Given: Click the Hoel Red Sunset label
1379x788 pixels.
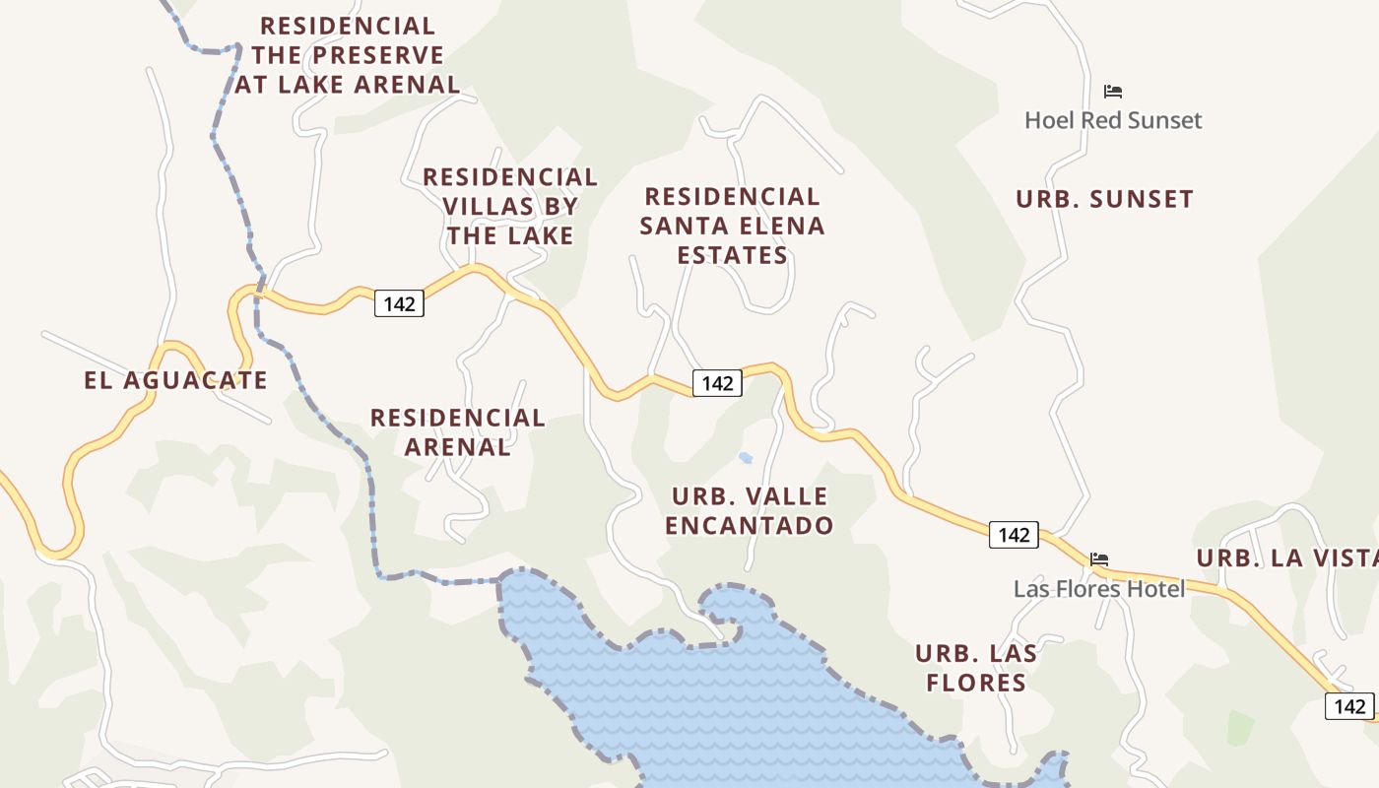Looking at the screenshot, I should [1113, 121].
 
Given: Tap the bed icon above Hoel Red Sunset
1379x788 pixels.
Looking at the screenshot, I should [1113, 92].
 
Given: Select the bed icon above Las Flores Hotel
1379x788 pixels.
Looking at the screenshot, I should [1099, 559].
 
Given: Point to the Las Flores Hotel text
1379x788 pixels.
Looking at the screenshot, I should [1099, 589].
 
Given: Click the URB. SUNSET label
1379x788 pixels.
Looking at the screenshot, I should [1104, 199].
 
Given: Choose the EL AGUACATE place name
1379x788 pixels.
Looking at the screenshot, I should [175, 380].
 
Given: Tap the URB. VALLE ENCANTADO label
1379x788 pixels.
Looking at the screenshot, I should [749, 510].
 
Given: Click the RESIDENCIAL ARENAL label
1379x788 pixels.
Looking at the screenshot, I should [458, 431].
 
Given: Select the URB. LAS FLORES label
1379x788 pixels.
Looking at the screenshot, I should [976, 668].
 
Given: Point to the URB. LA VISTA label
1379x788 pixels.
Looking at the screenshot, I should [1286, 558].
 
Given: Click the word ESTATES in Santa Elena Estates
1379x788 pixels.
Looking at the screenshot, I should [732, 256].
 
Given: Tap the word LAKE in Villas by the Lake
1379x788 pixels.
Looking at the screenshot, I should [540, 236].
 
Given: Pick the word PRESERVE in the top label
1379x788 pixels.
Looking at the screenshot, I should [379, 55].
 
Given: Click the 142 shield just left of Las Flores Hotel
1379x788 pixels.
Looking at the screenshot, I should [1014, 535].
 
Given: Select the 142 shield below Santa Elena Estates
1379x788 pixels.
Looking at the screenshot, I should [717, 383].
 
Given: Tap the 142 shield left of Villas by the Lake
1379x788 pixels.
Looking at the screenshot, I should [399, 303].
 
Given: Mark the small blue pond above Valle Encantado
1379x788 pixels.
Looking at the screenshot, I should [746, 457].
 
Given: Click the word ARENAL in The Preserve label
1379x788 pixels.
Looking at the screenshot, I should [404, 85].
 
